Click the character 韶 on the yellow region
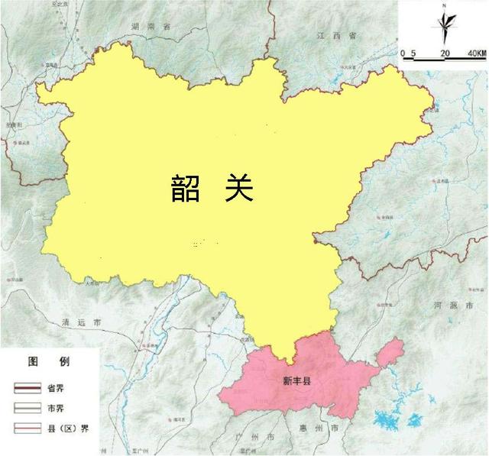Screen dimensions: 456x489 pos(186,188)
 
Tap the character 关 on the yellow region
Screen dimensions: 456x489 pos(238,187)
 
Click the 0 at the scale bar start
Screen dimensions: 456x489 pos(403,53)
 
